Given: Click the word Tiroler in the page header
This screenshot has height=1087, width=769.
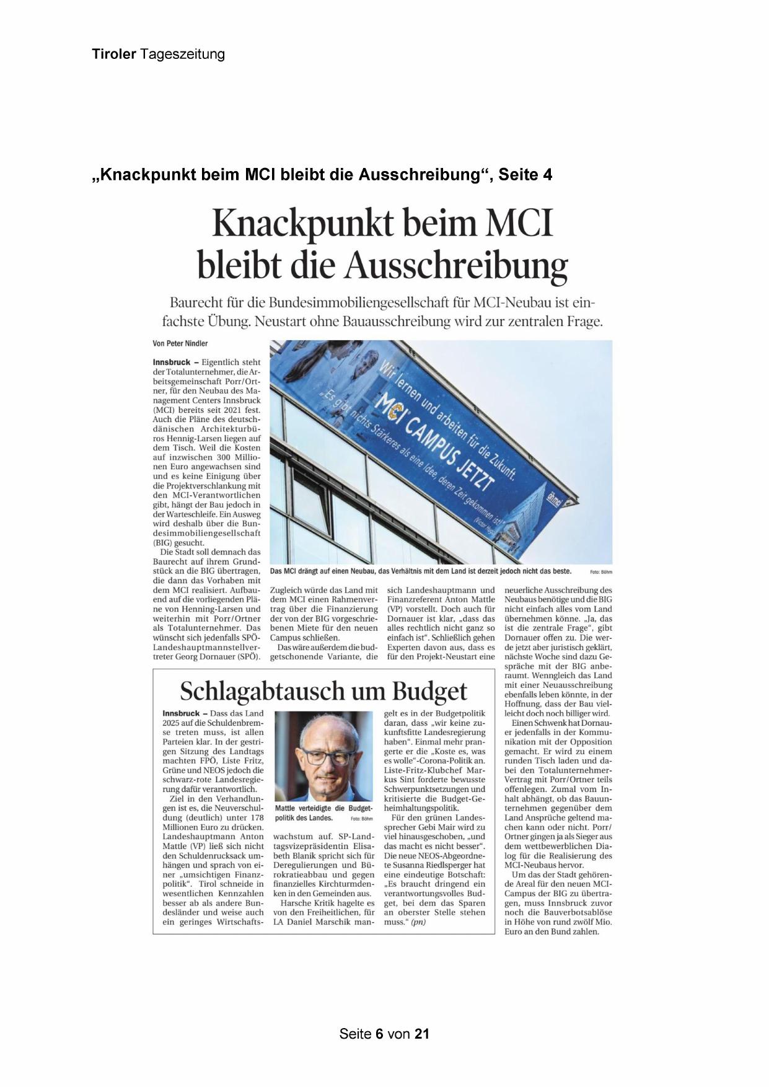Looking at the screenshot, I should point(114,54).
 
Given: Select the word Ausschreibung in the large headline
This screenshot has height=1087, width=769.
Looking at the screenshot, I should point(455,265).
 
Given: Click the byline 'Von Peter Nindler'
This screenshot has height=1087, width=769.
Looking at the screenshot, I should point(180,343).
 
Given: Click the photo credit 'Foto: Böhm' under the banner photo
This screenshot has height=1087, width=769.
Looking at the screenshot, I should point(600,571).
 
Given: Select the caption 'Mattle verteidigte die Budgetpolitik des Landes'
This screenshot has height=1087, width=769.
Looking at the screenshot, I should point(323,813).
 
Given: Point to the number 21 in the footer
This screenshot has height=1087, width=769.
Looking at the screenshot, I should point(422,1034).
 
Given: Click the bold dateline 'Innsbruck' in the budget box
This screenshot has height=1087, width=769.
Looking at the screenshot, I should point(181,713).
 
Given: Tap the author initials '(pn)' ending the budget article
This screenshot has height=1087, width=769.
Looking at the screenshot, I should point(418,922).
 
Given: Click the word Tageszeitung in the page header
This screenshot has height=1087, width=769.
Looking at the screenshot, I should point(183,54).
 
